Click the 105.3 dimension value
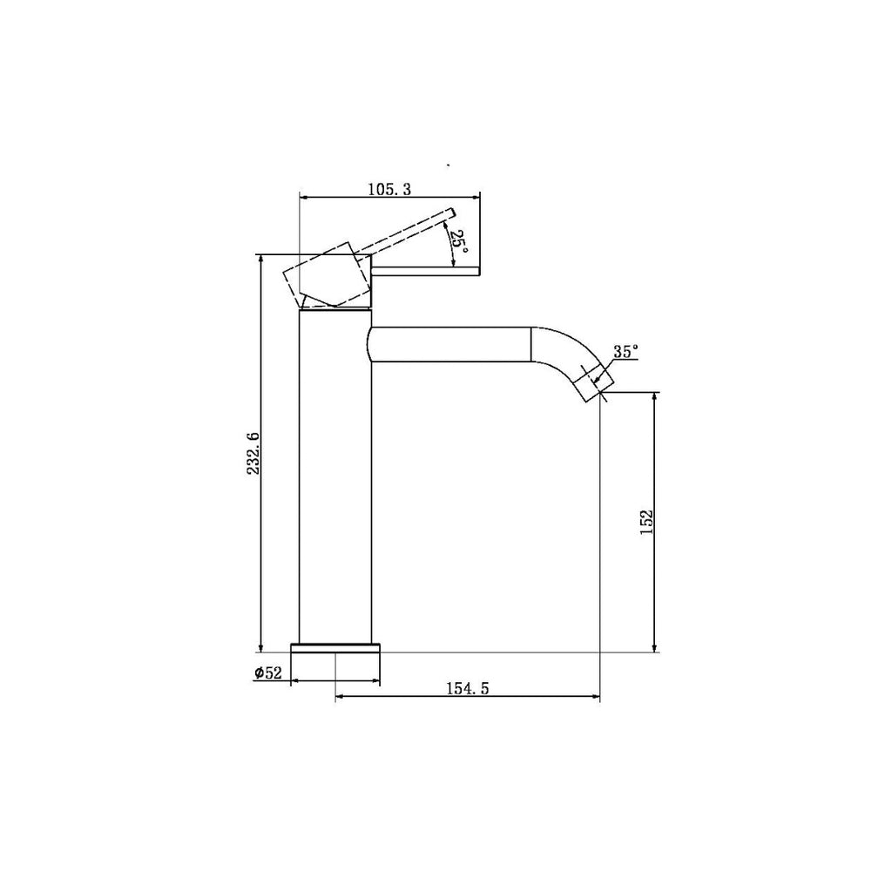click(x=390, y=188)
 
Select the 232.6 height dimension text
click(x=252, y=454)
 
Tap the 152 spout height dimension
click(x=645, y=523)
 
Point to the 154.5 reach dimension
click(x=468, y=688)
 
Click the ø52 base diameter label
click(x=268, y=672)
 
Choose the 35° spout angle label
click(x=625, y=352)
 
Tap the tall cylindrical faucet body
click(x=335, y=479)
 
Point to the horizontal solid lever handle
click(x=427, y=272)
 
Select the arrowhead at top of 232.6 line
click(x=260, y=260)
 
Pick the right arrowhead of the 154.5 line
click(x=597, y=697)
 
